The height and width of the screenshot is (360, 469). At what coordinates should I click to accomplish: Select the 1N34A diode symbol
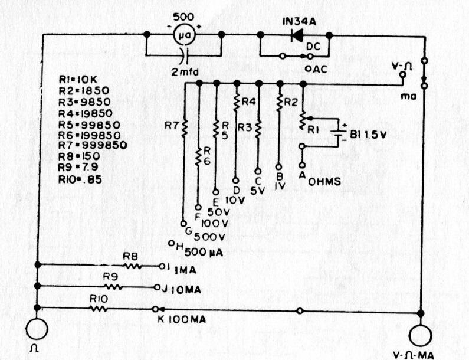click(x=297, y=35)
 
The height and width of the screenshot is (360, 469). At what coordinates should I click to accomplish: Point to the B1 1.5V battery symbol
click(x=338, y=133)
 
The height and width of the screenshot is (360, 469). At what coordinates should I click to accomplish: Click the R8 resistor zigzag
click(x=132, y=266)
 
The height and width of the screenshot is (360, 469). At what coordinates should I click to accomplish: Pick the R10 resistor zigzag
click(x=99, y=308)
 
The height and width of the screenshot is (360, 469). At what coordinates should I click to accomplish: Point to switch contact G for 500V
click(x=183, y=224)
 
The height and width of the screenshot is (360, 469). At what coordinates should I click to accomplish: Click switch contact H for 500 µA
click(x=171, y=243)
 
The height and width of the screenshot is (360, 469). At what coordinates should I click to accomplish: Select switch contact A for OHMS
click(x=303, y=165)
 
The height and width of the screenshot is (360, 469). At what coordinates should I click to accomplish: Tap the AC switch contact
click(x=308, y=69)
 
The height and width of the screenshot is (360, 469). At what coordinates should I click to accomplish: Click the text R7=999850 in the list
click(x=93, y=145)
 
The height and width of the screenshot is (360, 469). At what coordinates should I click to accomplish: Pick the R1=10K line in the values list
click(x=78, y=80)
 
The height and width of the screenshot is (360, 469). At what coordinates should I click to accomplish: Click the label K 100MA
click(x=182, y=319)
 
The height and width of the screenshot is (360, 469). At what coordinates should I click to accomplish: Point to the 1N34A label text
click(x=300, y=22)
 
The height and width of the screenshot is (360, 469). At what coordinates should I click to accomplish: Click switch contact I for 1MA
click(x=162, y=266)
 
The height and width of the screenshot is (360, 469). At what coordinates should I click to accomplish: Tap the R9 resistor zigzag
click(x=114, y=287)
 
